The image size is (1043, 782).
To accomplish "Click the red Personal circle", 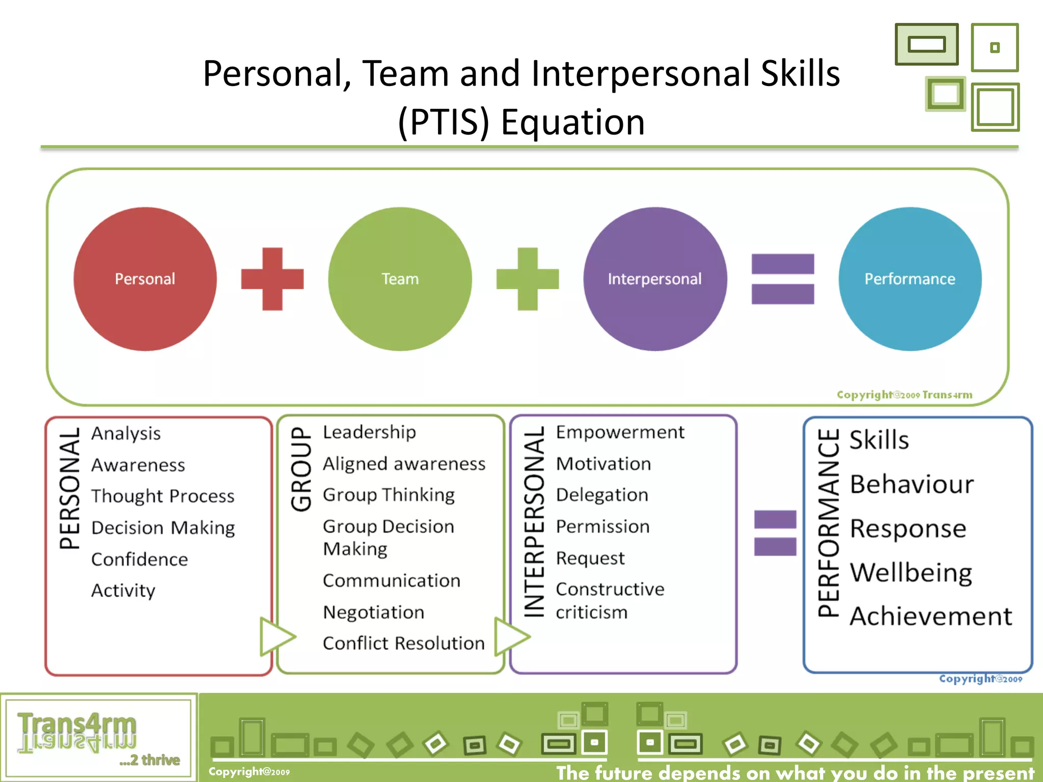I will click(145, 278).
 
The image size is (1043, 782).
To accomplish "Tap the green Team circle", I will click(400, 278).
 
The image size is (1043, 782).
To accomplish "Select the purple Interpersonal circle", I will click(655, 278).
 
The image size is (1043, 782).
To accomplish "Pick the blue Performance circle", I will click(910, 278).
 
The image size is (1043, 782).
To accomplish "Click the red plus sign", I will click(272, 279).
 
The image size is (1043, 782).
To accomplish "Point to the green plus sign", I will click(528, 279).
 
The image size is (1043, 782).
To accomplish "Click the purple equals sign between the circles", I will click(783, 279).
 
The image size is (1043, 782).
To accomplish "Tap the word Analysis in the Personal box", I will click(126, 433).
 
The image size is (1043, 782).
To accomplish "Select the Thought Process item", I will click(163, 496).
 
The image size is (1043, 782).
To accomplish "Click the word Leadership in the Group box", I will click(369, 432).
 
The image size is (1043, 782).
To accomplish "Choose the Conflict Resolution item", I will click(403, 643).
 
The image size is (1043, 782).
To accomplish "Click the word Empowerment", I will click(620, 432).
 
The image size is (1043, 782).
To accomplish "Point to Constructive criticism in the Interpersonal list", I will click(610, 600).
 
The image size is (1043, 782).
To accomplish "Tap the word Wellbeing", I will click(911, 572).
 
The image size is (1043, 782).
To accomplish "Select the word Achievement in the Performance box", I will click(931, 616).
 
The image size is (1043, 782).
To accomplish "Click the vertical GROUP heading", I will click(301, 469).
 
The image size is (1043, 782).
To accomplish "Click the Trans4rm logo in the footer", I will click(77, 732).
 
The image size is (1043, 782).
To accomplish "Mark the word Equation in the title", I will click(572, 122).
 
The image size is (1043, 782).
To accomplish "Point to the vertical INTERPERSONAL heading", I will click(534, 522).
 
